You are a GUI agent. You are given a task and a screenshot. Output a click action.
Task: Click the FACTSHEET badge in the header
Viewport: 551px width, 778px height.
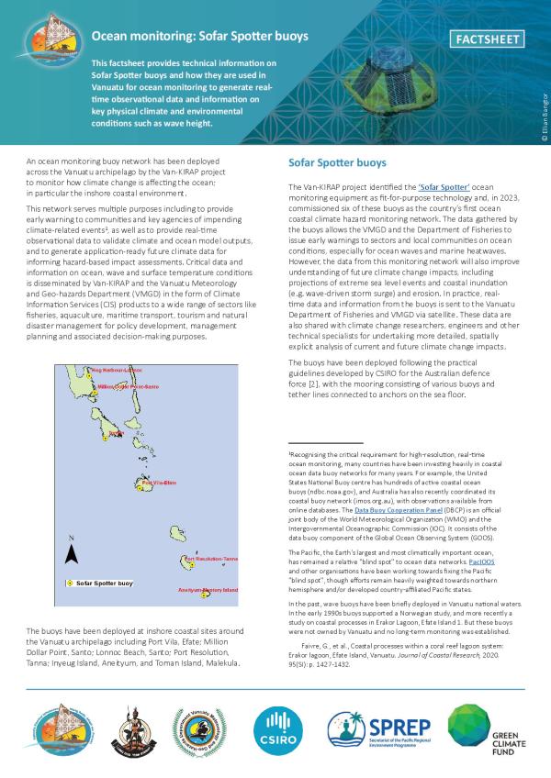(x=489, y=39)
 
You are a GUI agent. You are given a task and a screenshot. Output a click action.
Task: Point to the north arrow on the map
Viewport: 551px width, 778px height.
(x=72, y=550)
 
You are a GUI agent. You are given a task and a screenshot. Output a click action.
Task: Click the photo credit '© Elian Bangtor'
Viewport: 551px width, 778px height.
(x=544, y=115)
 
